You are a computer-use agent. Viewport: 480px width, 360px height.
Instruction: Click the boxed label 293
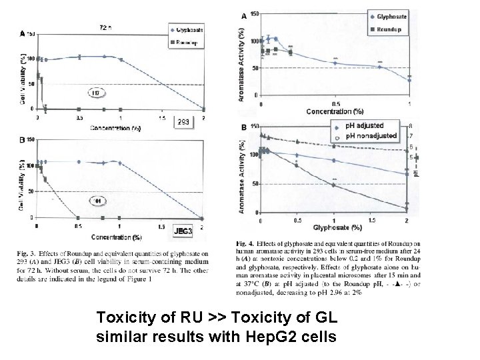pyautogui.click(x=183, y=121)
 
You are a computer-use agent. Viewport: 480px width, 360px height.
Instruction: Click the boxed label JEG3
pyautogui.click(x=183, y=231)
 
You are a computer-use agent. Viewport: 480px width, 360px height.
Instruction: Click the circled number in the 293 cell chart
pyautogui.click(x=96, y=93)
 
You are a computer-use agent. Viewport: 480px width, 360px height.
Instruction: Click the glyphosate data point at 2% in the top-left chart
pyautogui.click(x=204, y=109)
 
